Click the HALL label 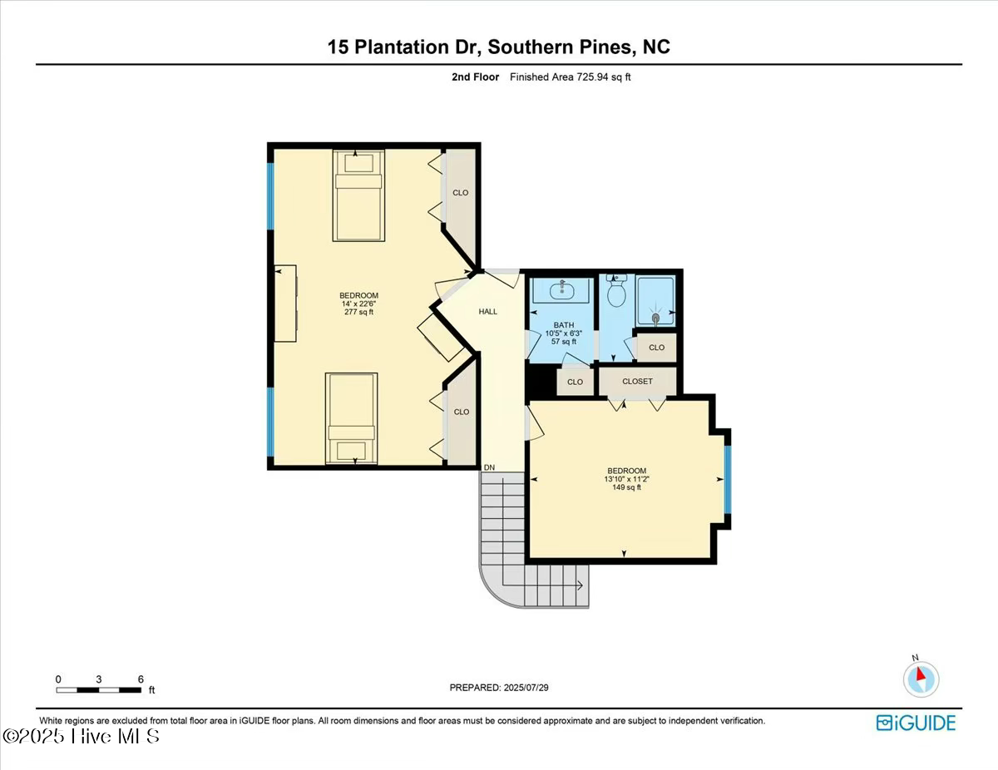click(x=487, y=312)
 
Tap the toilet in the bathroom click(x=616, y=292)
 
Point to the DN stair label click(x=490, y=467)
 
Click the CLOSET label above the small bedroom click(x=638, y=382)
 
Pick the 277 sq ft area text click(x=358, y=313)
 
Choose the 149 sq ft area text click(x=625, y=487)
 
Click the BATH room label click(x=563, y=325)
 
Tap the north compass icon click(x=921, y=679)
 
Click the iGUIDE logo click(x=916, y=723)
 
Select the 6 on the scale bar click(x=141, y=679)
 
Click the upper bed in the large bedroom click(x=358, y=195)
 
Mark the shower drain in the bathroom click(x=656, y=317)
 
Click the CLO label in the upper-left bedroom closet click(x=460, y=193)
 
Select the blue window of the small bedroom click(x=727, y=480)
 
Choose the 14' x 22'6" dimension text click(x=358, y=304)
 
